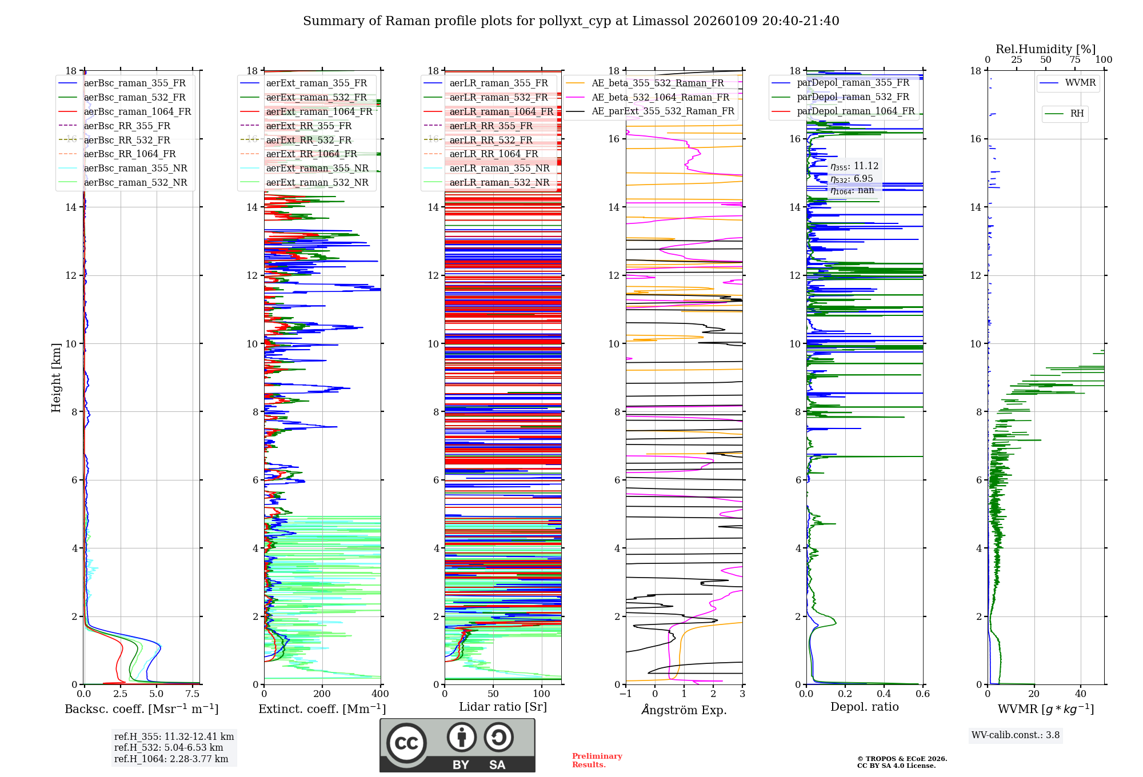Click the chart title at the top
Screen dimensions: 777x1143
[x=571, y=21]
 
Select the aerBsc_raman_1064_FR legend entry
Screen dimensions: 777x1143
[x=137, y=111]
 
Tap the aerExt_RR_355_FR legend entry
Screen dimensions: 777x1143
[x=309, y=126]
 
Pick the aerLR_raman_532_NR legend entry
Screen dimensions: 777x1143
[x=499, y=182]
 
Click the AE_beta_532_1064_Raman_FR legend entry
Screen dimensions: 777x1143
[x=660, y=97]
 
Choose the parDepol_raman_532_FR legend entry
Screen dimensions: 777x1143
[x=853, y=97]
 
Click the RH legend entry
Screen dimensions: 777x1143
[x=1077, y=114]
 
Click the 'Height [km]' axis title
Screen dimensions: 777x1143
[x=56, y=377]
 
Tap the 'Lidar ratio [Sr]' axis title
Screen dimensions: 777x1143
[x=503, y=707]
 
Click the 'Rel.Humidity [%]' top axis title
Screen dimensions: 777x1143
[x=1045, y=49]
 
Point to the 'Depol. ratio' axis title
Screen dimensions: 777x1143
[x=864, y=707]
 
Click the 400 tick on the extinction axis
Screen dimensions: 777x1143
[x=380, y=694]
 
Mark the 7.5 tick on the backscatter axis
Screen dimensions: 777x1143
[x=193, y=694]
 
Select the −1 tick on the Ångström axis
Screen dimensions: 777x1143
[x=626, y=694]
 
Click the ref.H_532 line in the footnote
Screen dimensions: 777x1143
[x=169, y=747]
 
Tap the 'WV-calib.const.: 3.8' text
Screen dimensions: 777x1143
[x=1016, y=735]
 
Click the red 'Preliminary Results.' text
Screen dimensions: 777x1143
[x=597, y=760]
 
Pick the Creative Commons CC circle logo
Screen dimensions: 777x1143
[x=406, y=743]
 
